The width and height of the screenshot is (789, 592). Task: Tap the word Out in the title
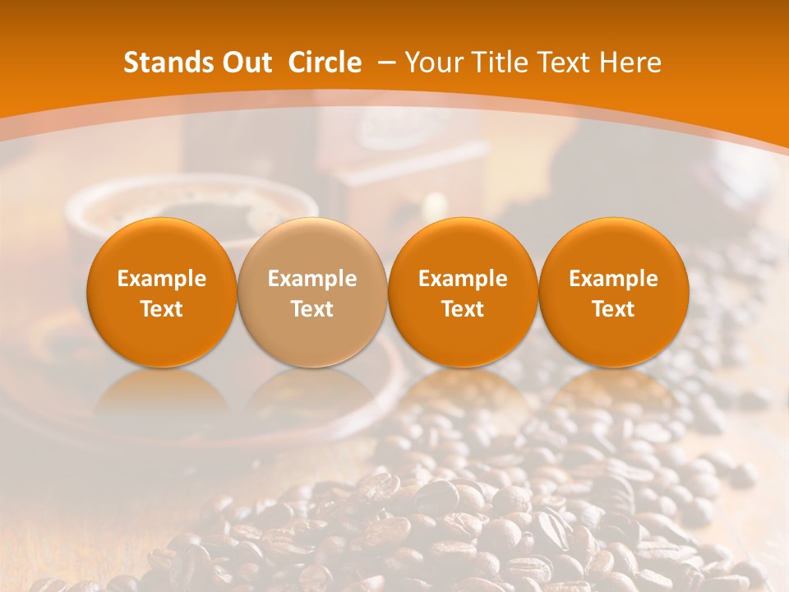point(245,62)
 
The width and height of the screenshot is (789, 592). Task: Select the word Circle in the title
point(325,62)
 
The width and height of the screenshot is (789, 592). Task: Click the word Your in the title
point(432,62)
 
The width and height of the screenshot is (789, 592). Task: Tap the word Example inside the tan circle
point(312,279)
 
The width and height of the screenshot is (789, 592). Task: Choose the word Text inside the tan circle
point(312,309)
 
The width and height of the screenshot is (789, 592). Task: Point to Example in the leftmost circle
point(162,279)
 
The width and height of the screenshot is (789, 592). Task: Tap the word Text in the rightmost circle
point(613,309)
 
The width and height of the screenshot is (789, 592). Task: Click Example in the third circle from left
point(463,279)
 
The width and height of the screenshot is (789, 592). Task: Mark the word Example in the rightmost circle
point(613,279)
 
